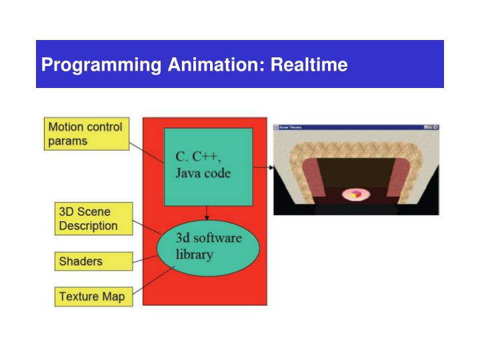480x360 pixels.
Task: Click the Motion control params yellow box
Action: tap(87, 133)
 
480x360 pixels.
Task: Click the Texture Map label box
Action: tap(93, 297)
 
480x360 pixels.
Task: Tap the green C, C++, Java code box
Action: tap(208, 167)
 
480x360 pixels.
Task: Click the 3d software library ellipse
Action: tap(208, 247)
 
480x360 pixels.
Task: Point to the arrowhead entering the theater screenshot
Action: tap(271, 167)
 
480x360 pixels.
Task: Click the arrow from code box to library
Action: tap(208, 213)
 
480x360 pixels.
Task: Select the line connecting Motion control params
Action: tap(147, 153)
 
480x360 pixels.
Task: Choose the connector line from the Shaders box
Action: tap(145, 258)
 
